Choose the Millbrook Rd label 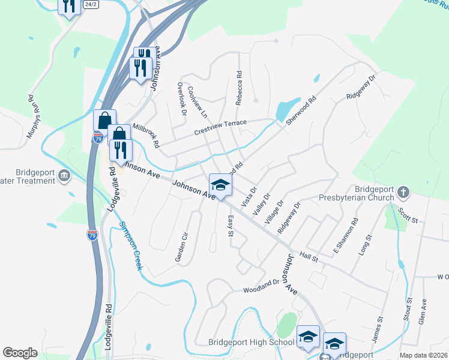click(x=146, y=136)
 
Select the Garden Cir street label click(x=182, y=246)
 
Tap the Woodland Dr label click(x=261, y=286)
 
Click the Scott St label click(x=408, y=215)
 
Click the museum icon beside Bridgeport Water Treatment click(x=63, y=176)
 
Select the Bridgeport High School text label click(x=251, y=342)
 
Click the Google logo click(x=20, y=353)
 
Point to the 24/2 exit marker click(x=91, y=4)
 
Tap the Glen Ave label click(x=424, y=313)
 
